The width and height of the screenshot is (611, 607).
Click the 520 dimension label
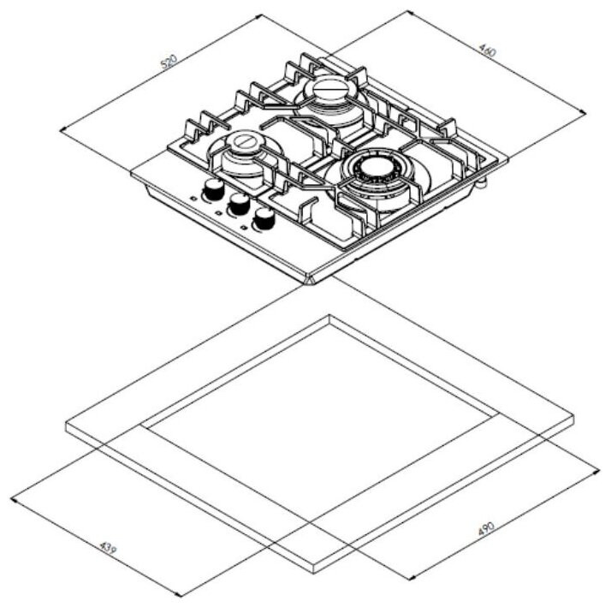point(169,62)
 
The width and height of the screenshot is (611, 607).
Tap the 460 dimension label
point(488,51)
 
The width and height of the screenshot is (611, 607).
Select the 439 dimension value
point(108,548)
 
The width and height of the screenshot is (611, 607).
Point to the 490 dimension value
point(486,529)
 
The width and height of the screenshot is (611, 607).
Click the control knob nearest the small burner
point(213,188)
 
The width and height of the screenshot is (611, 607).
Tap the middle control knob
point(240,202)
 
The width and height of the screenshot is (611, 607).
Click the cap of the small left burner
point(245,140)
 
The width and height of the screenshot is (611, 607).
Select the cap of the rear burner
point(329,90)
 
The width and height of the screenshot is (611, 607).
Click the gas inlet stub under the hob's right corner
point(483,180)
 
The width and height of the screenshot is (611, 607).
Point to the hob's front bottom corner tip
point(309,283)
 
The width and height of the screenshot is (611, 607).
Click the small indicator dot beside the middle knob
point(218,213)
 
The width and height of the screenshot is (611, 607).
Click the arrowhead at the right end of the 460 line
point(584,113)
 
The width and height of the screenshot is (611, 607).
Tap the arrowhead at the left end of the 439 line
point(13,499)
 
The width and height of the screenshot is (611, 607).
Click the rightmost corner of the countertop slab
point(574,417)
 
